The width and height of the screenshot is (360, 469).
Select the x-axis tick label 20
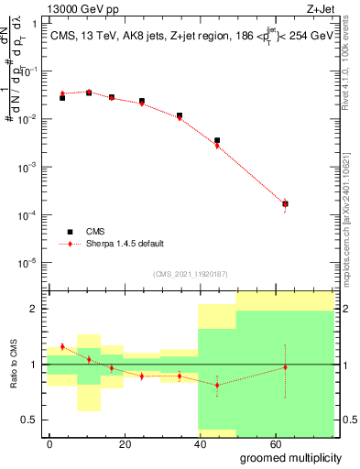125,442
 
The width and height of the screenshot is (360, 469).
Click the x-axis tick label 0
50,442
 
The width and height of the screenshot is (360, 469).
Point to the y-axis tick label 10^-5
31,263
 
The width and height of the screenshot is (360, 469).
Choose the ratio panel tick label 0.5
33,420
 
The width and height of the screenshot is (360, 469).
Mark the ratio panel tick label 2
38,309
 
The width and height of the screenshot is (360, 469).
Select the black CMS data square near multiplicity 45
217,140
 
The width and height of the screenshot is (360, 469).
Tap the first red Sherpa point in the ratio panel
62,346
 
